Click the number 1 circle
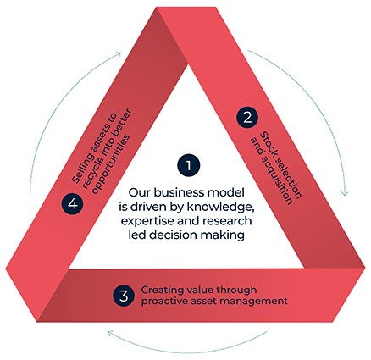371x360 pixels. pyautogui.click(x=188, y=165)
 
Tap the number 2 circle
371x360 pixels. pyautogui.click(x=247, y=118)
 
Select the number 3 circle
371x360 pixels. pyautogui.click(x=124, y=296)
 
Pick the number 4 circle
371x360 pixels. pyautogui.click(x=73, y=203)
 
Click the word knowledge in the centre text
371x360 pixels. pyautogui.click(x=219, y=207)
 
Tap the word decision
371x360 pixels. pyautogui.click(x=173, y=235)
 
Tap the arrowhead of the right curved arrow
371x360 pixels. pyautogui.click(x=345, y=194)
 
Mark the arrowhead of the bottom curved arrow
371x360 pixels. pyautogui.click(x=109, y=333)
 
